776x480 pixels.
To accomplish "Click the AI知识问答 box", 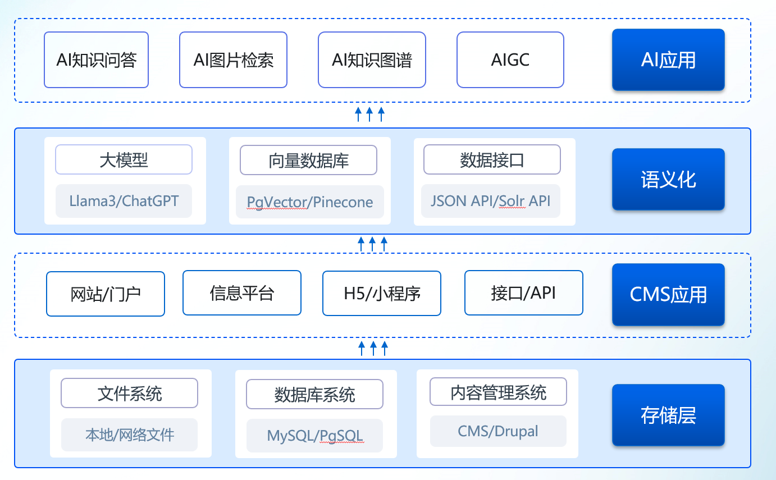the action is click(x=97, y=60).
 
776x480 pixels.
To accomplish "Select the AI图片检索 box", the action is click(x=233, y=60).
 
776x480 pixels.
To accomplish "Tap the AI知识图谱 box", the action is click(x=372, y=60).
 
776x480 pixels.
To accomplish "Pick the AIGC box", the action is click(x=510, y=60).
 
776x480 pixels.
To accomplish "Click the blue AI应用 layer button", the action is click(x=668, y=60).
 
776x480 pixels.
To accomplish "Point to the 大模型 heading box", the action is click(x=124, y=159).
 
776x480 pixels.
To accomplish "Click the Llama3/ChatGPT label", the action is click(x=124, y=201).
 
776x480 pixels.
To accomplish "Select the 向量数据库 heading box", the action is click(x=308, y=160).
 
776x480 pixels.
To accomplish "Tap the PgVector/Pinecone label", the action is click(x=310, y=202).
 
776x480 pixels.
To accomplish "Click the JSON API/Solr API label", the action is click(x=491, y=201).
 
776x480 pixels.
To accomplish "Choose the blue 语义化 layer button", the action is click(x=668, y=180).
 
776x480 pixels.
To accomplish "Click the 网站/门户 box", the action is click(x=106, y=294).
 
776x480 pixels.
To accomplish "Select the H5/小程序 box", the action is click(x=382, y=293).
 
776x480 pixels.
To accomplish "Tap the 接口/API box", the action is click(x=523, y=293).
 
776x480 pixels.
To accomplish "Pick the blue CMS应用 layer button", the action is click(x=668, y=295).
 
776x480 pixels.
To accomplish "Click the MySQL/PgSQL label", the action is click(x=314, y=436).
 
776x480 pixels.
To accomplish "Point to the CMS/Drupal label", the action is click(x=498, y=431).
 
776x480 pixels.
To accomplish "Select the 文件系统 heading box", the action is click(x=129, y=393).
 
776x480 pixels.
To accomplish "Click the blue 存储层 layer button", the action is click(x=668, y=415).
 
